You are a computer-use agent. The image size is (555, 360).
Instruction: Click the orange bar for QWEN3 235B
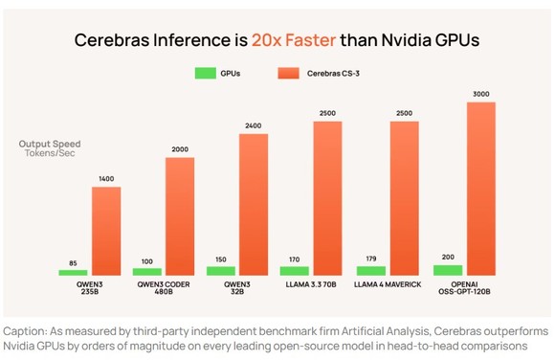click(106, 231)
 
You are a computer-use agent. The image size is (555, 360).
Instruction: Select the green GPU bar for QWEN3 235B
click(73, 272)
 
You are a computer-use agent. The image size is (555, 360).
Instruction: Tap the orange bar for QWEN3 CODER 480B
click(180, 215)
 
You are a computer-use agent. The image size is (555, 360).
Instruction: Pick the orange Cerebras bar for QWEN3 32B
click(254, 204)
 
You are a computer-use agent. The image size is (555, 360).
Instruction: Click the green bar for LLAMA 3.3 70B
click(295, 270)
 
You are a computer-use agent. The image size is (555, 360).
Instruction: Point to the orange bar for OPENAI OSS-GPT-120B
click(481, 188)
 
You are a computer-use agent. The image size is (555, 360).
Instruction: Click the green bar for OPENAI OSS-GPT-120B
click(447, 270)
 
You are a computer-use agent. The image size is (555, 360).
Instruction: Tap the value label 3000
click(481, 93)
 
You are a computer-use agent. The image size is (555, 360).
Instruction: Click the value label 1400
click(106, 179)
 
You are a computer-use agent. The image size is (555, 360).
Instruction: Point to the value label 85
click(73, 262)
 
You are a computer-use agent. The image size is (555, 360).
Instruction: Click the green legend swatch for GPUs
click(204, 73)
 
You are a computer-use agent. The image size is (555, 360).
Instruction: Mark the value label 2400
click(254, 126)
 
